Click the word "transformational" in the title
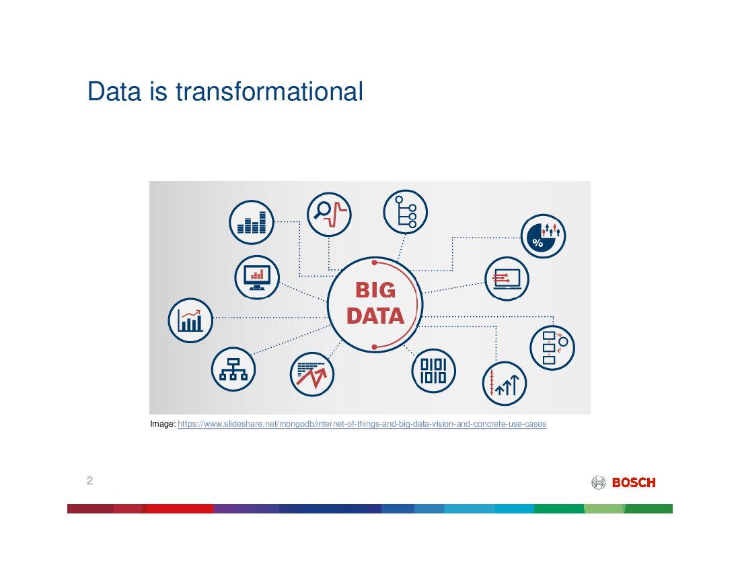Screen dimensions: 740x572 click(270, 91)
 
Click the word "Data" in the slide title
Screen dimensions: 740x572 click(114, 91)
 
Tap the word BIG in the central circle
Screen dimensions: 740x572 click(375, 290)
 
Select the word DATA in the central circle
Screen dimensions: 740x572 click(375, 316)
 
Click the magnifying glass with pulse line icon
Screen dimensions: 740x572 click(329, 214)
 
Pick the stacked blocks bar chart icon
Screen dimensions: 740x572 click(252, 222)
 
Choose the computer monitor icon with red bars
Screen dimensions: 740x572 click(257, 277)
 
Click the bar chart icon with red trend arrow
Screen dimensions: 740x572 click(190, 320)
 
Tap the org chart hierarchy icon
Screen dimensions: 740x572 click(233, 369)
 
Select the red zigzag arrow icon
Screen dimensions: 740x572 click(312, 374)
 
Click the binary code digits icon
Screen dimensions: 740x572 click(433, 371)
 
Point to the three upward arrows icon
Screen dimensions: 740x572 click(505, 384)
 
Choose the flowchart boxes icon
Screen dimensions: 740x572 click(552, 348)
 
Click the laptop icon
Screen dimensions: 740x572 click(507, 279)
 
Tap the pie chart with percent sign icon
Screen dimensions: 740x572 click(543, 236)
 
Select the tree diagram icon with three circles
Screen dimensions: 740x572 click(406, 212)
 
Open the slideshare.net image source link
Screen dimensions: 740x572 click(362, 424)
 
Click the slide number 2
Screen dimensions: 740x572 click(89, 480)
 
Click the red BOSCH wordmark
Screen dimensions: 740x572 click(634, 482)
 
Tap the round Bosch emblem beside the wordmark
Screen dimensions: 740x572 click(599, 482)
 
